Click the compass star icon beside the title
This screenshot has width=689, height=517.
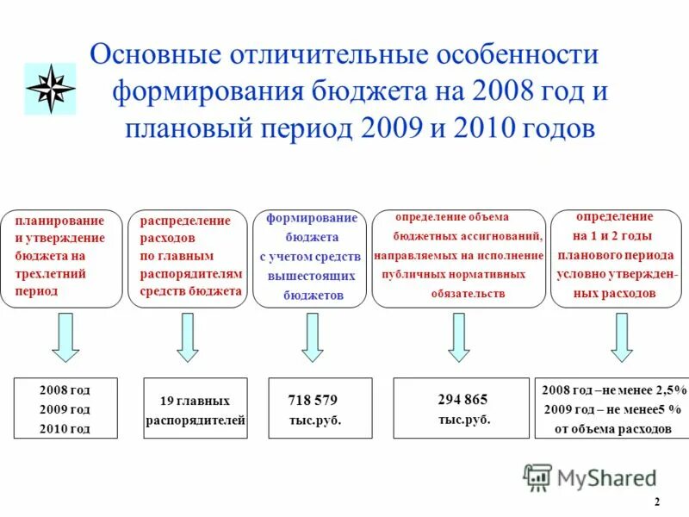(x=50, y=89)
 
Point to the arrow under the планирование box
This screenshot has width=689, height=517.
(x=65, y=337)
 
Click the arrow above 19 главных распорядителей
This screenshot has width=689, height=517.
(x=187, y=337)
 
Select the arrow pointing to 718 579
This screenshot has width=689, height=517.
(x=313, y=337)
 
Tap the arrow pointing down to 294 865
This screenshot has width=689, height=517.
(x=458, y=337)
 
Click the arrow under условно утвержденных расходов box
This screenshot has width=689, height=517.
(x=621, y=337)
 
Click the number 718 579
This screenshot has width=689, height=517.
(x=312, y=400)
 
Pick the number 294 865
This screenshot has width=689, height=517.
(x=462, y=399)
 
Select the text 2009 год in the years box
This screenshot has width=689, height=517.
(x=65, y=409)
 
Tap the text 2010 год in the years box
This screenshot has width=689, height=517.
(x=65, y=428)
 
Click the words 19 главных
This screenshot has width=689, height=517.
(x=195, y=401)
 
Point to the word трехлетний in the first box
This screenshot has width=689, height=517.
(x=51, y=273)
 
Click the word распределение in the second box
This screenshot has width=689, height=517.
(x=185, y=221)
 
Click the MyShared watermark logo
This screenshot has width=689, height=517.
(x=589, y=477)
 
